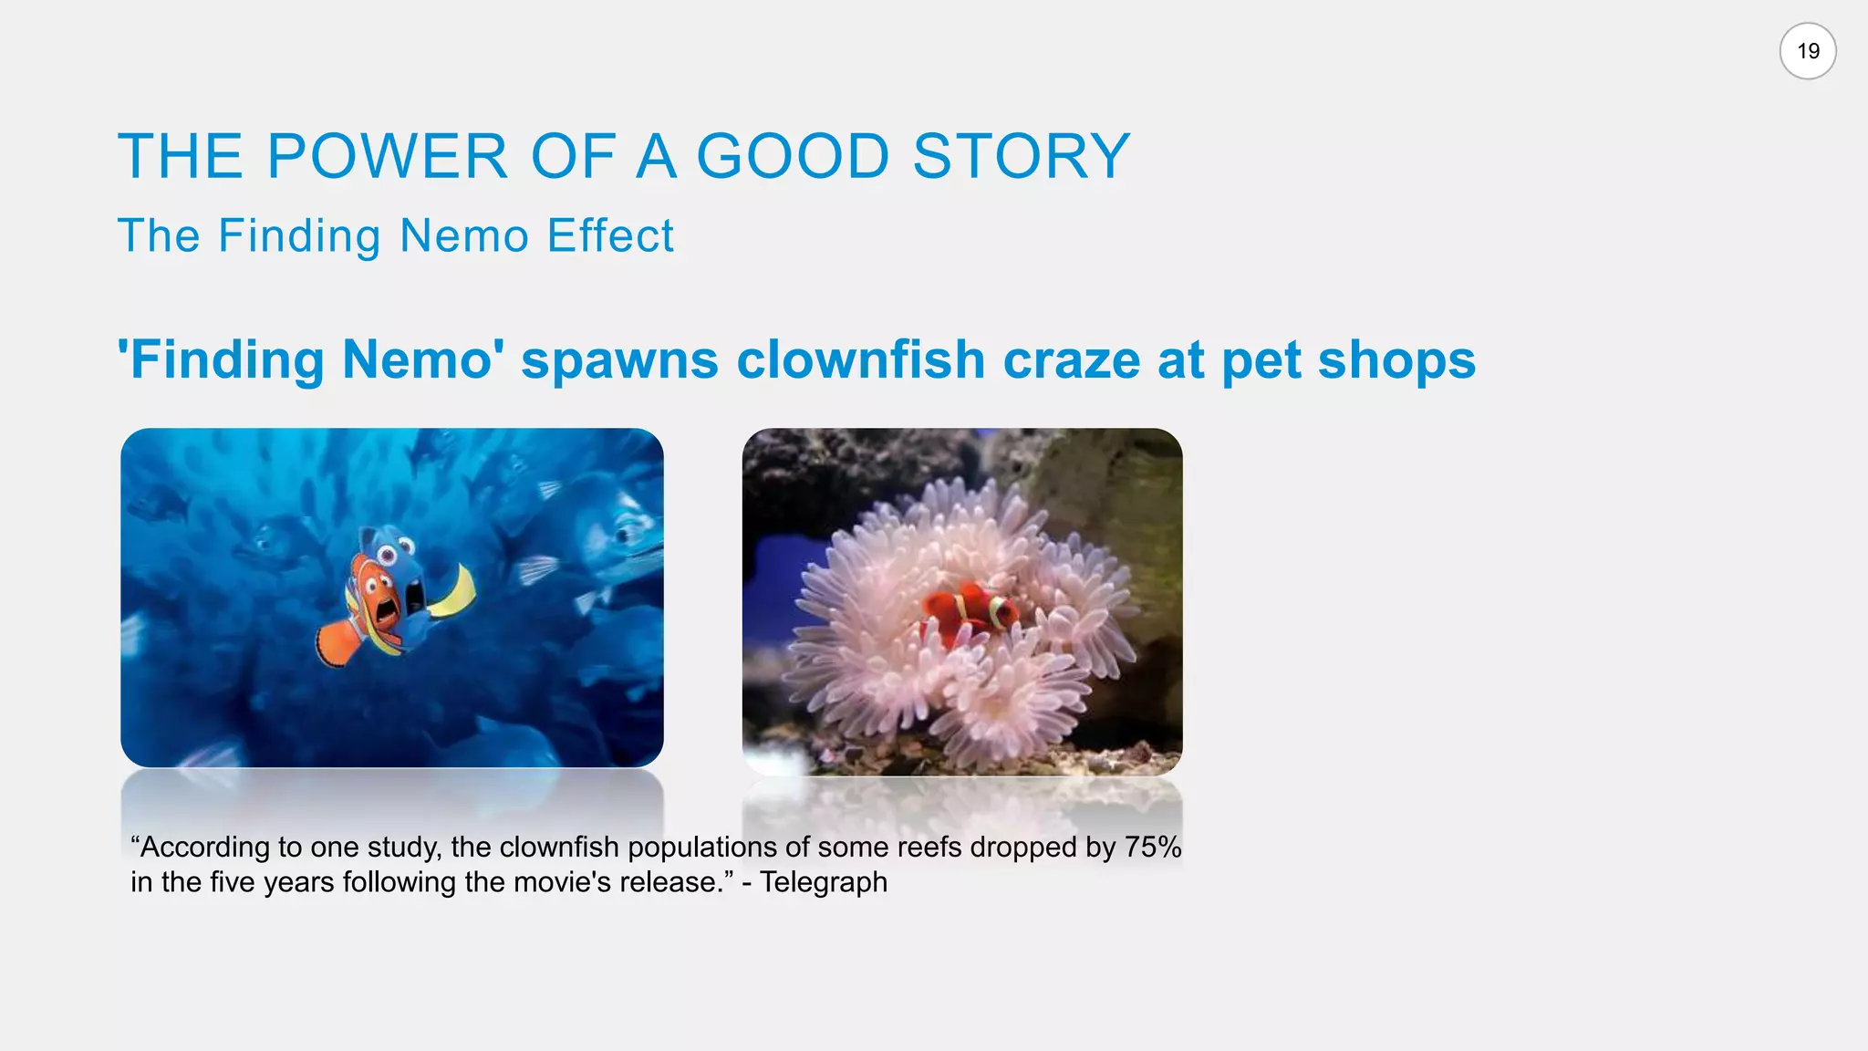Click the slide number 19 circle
[x=1807, y=51]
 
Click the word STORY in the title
[x=1022, y=156]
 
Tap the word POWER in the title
[x=387, y=156]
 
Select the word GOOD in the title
[x=793, y=156]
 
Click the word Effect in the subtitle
[x=610, y=235]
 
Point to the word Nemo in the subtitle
[x=464, y=235]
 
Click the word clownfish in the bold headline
[x=860, y=359]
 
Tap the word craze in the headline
[x=1071, y=359]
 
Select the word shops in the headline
[x=1396, y=359]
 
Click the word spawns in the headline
[x=619, y=361]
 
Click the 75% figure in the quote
[x=1153, y=847]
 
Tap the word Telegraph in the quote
[x=824, y=882]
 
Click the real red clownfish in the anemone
[x=969, y=609]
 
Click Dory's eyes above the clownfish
[x=394, y=550]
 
